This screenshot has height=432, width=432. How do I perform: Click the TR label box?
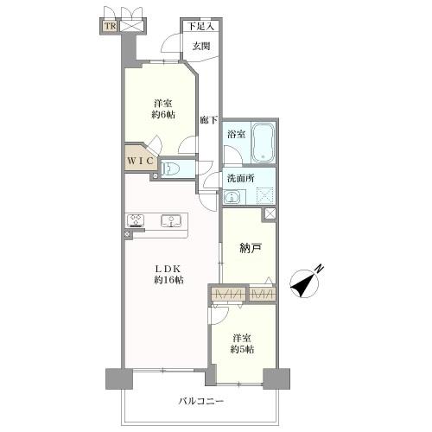[x=110, y=26]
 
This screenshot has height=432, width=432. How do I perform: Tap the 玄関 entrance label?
[x=201, y=46]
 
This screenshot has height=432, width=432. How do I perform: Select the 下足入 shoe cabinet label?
[x=201, y=27]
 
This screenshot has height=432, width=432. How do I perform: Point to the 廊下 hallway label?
[x=209, y=120]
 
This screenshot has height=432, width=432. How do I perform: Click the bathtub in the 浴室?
[x=264, y=143]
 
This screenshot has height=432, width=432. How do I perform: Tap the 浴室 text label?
[x=236, y=134]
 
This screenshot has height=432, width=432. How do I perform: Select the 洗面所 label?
[x=241, y=179]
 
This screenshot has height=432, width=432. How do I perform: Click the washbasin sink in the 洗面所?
[x=232, y=197]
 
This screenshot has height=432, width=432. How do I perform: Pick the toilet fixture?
[x=170, y=168]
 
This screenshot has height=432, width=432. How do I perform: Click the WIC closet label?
[x=140, y=161]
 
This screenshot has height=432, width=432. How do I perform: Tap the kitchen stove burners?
[x=136, y=220]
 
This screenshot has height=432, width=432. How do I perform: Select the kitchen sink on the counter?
[x=171, y=221]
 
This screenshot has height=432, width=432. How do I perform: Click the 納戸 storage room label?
[x=251, y=248]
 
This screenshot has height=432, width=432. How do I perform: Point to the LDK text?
[x=168, y=269]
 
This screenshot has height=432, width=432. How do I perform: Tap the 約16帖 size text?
[x=168, y=280]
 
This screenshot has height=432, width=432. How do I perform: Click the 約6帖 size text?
[x=163, y=115]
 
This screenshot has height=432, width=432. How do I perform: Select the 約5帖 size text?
[x=242, y=349]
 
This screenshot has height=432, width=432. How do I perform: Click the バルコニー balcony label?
[x=201, y=401]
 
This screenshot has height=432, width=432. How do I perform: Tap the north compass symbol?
[x=304, y=283]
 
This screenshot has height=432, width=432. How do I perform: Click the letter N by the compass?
[x=319, y=269]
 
